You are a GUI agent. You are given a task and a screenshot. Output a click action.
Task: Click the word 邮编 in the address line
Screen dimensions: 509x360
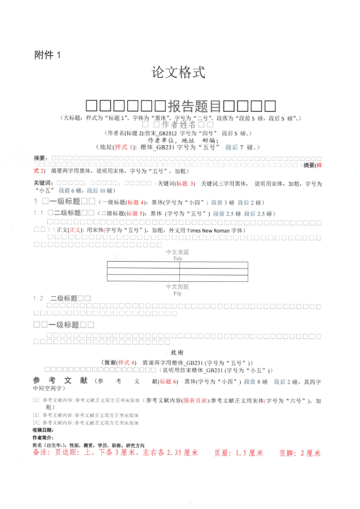tap(209, 140)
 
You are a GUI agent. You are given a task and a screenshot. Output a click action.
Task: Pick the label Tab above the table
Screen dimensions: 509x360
tap(177, 258)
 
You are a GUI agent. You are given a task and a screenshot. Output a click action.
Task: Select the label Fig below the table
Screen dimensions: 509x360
tap(177, 293)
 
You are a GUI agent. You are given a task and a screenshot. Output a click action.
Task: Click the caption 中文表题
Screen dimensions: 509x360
tap(177, 252)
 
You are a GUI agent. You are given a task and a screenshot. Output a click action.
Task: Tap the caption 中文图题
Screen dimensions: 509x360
tap(177, 286)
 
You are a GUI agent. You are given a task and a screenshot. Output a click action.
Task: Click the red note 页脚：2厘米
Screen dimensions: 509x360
tap(300, 453)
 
